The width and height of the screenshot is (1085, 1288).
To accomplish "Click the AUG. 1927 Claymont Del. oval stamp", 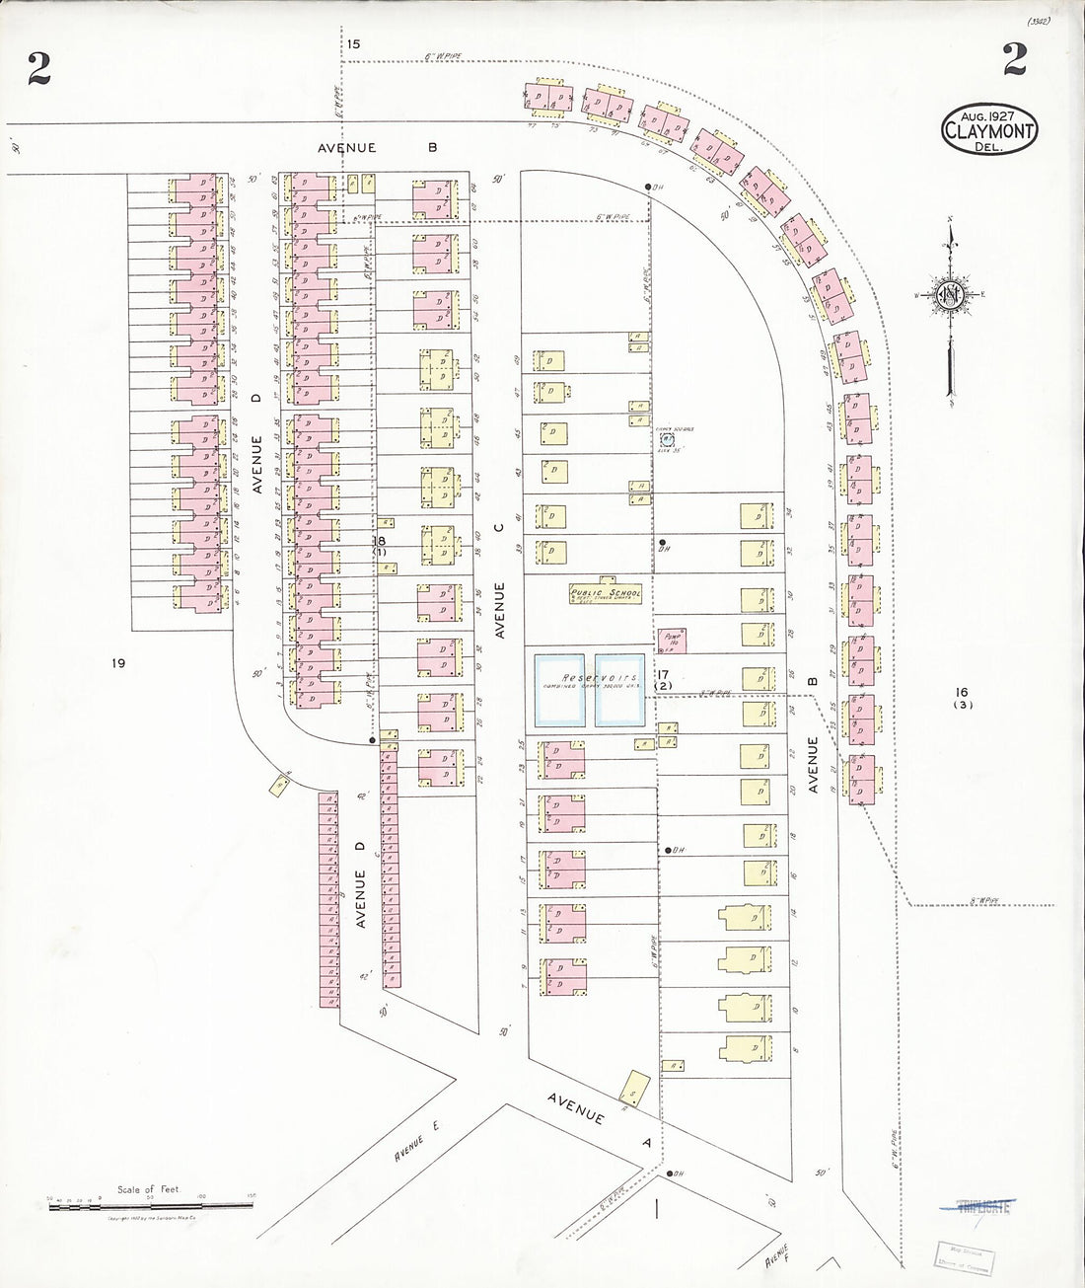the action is [988, 128].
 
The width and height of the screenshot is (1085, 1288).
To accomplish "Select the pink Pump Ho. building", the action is [674, 639].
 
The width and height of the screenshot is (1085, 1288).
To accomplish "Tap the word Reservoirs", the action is [590, 678].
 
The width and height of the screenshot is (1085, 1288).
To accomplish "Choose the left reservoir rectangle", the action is [560, 691].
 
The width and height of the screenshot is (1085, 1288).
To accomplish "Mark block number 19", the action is [118, 663].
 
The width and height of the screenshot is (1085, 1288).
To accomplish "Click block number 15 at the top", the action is [354, 43].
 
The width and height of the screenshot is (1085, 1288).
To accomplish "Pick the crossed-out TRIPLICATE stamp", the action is [976, 1205].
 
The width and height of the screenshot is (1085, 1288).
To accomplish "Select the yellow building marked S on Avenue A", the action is [632, 1090].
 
